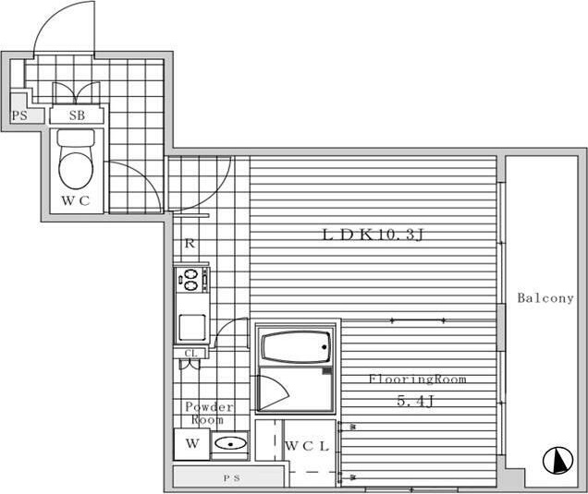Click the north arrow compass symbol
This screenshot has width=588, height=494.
click(557, 461)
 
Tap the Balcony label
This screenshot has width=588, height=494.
click(545, 298)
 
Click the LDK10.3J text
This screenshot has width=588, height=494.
click(373, 235)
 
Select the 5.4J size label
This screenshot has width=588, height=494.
click(415, 401)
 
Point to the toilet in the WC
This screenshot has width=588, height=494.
click(76, 159)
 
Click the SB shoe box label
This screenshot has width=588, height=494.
click(77, 115)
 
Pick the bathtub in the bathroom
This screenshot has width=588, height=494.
click(296, 346)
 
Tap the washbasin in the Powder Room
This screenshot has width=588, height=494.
click(230, 444)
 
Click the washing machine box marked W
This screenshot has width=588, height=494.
click(191, 444)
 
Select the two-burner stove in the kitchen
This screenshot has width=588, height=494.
click(191, 280)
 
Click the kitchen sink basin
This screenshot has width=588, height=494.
click(192, 327)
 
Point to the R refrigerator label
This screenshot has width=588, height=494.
click(190, 244)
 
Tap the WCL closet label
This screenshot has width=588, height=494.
click(307, 446)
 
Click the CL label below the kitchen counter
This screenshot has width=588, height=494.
click(190, 353)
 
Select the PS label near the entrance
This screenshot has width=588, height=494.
click(19, 115)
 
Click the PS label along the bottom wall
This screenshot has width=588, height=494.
click(232, 478)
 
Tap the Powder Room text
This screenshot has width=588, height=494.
click(209, 413)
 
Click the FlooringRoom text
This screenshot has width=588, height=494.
click(418, 379)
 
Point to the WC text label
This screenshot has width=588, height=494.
click(76, 200)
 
